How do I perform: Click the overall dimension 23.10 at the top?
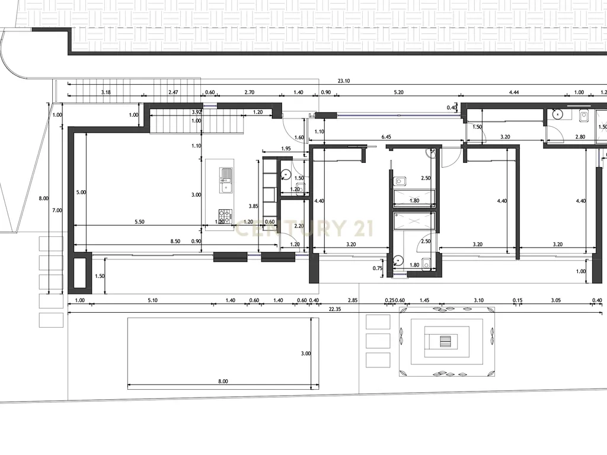coord(344,81)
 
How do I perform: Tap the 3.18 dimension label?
coord(106,92)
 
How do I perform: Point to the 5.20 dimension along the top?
coord(398,92)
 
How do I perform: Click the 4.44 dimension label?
coord(514,92)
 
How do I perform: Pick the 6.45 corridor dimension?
coord(386,137)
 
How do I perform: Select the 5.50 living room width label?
coord(139,222)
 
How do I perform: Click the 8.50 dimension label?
coord(175,242)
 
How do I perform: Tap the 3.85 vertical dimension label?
coord(253,207)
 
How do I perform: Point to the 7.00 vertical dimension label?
coord(57,210)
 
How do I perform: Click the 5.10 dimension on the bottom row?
coord(152,300)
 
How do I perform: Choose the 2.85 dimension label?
coord(353,300)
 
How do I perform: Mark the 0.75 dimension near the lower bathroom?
coord(378,268)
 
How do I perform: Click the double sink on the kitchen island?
coord(226,180)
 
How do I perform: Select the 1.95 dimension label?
coord(286,149)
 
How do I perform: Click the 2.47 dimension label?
coord(173,92)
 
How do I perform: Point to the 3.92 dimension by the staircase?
coord(197,112)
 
